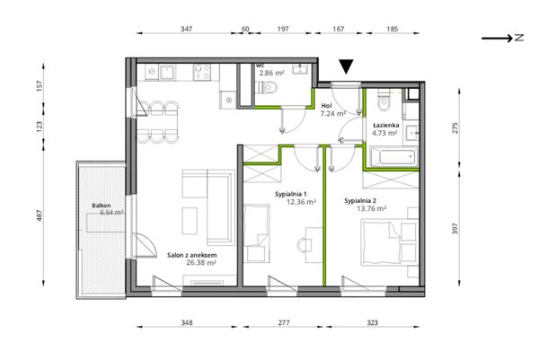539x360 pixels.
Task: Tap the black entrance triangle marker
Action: coord(346,66)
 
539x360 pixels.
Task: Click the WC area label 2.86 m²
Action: coord(271,73)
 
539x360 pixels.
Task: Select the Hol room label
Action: coord(326,106)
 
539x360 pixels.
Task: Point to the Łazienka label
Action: coord(386,126)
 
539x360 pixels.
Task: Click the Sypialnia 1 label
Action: coord(291,195)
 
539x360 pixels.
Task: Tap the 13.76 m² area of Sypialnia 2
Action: coord(372,208)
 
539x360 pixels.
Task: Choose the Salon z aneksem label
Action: coord(192,255)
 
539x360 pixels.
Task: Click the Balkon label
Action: coord(101,206)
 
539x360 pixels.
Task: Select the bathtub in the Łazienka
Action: coord(394,157)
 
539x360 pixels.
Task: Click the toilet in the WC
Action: coord(268,88)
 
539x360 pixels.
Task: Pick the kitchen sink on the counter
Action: coord(167,73)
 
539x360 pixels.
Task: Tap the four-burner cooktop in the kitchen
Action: coord(202,72)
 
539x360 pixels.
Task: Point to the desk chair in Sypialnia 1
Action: coord(303,245)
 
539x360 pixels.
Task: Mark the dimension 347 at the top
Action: coord(186,29)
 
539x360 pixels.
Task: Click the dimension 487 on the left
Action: coord(40,215)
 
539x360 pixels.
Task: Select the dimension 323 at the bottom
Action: coord(372,322)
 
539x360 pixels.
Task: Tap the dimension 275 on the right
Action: coord(455,127)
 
